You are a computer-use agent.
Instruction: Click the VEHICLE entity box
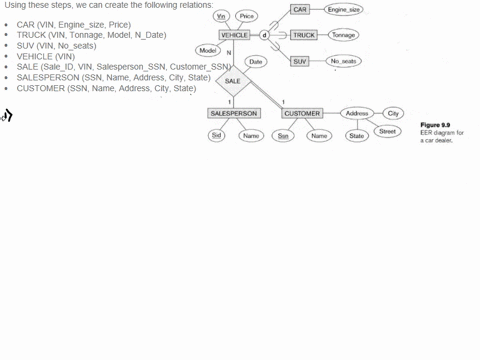pyautogui.click(x=234, y=35)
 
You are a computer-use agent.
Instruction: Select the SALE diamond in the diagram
pyautogui.click(x=232, y=81)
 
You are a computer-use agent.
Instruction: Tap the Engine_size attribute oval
pyautogui.click(x=343, y=9)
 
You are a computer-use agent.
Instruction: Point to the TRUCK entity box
pyautogui.click(x=303, y=35)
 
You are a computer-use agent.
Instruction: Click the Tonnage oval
pyautogui.click(x=343, y=35)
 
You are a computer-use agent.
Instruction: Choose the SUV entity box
pyautogui.click(x=300, y=61)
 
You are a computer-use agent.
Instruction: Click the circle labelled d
pyautogui.click(x=265, y=35)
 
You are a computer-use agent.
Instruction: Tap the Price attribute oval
pyautogui.click(x=247, y=16)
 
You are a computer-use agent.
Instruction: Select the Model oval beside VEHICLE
pyautogui.click(x=208, y=50)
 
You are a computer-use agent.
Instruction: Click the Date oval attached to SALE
pyautogui.click(x=255, y=61)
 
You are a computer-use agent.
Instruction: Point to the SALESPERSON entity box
pyautogui.click(x=233, y=114)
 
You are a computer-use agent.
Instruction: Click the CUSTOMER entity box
pyautogui.click(x=301, y=114)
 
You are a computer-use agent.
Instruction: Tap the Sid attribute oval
pyautogui.click(x=216, y=135)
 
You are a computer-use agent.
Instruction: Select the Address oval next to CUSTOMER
pyautogui.click(x=357, y=114)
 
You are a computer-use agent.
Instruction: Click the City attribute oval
pyautogui.click(x=394, y=114)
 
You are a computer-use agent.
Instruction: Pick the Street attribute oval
pyautogui.click(x=388, y=131)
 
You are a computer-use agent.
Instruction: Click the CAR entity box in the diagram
pyautogui.click(x=300, y=9)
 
